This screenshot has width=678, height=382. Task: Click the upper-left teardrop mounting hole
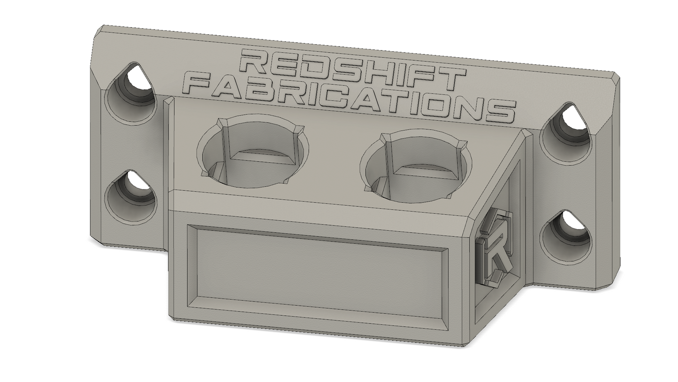tap(131, 94)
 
